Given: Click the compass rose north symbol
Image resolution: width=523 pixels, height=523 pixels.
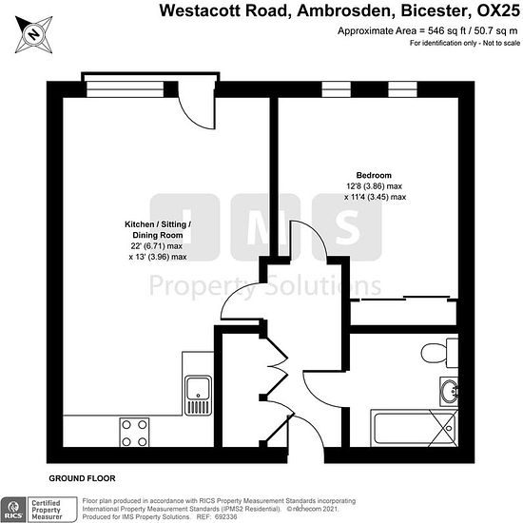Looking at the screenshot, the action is (33, 34).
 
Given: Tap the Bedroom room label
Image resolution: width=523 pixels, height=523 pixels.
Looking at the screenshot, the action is (374, 175).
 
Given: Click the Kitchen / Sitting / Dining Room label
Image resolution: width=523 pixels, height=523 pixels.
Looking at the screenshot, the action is (158, 229).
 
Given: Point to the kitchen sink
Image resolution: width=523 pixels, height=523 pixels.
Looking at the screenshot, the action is (198, 396).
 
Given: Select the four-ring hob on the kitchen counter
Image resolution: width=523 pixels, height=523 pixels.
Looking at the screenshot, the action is (134, 433).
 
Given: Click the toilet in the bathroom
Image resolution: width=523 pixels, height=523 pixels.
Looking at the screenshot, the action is (439, 353).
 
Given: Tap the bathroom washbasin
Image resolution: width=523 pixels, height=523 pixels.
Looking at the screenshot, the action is (449, 391).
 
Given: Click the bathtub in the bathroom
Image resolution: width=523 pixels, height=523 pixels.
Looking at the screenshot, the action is (414, 428).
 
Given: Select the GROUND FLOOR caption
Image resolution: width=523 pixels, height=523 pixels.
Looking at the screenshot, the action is (82, 478).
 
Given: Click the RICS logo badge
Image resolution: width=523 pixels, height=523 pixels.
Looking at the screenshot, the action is (13, 510).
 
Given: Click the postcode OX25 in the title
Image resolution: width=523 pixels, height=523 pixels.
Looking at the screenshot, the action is (498, 10).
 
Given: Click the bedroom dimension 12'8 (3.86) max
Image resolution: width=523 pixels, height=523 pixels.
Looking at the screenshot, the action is (375, 185).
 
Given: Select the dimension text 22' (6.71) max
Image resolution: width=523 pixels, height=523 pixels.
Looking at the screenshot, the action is (157, 246).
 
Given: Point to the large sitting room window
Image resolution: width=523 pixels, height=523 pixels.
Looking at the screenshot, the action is (126, 89).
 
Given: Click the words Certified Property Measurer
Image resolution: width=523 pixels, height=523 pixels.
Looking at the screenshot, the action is (47, 510).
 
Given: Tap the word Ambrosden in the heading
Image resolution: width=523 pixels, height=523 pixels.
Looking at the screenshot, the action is (343, 10).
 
